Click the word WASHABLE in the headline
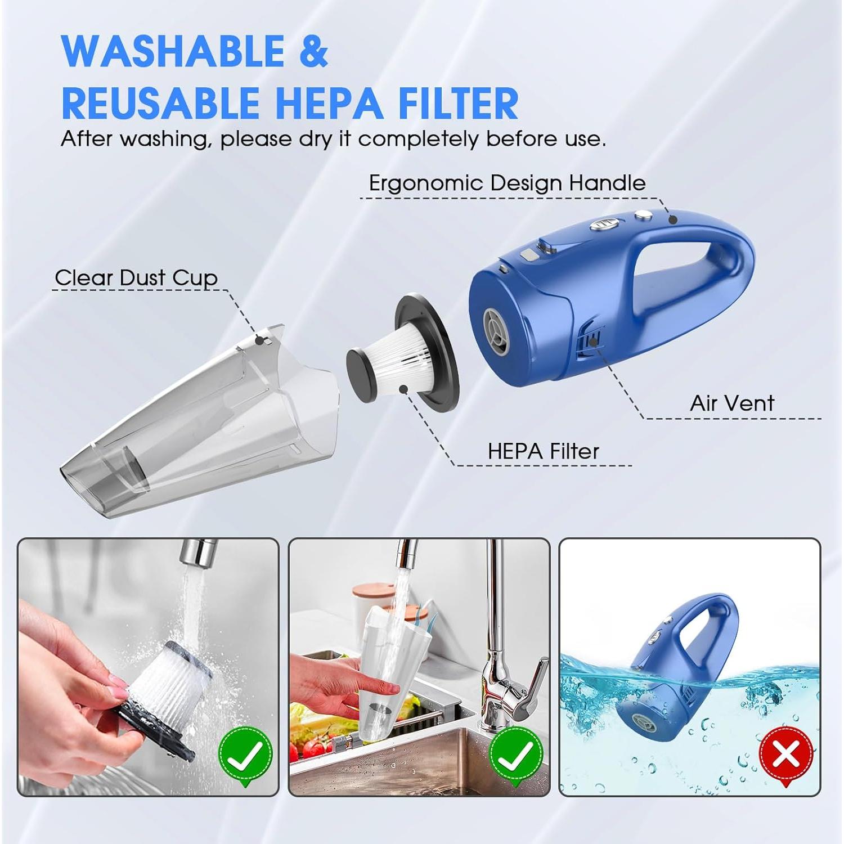pyautogui.click(x=173, y=51)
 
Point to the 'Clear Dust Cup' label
pyautogui.click(x=136, y=277)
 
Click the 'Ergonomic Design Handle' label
pyautogui.click(x=507, y=183)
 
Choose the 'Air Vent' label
pyautogui.click(x=732, y=403)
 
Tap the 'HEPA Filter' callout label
pyautogui.click(x=543, y=451)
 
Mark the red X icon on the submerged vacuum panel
pyautogui.click(x=786, y=754)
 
